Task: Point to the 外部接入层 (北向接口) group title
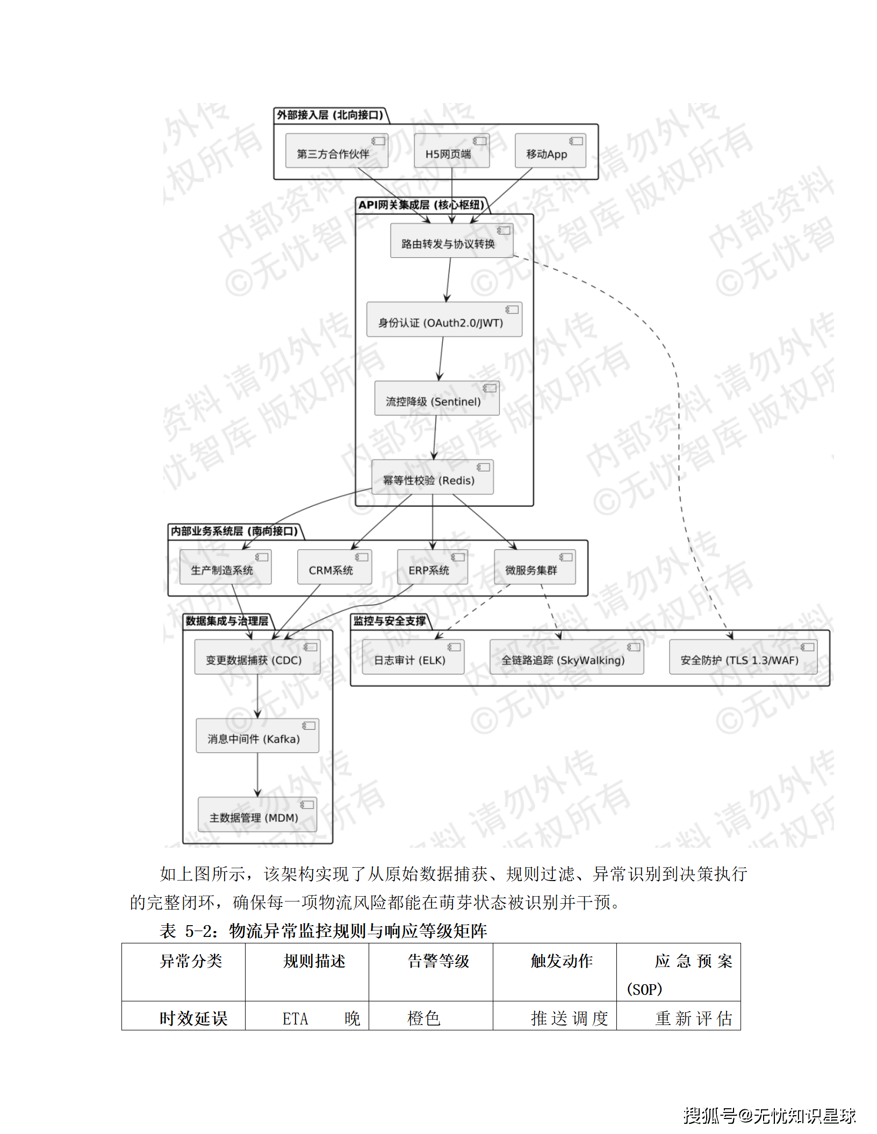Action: (330, 115)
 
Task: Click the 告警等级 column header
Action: (438, 961)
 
